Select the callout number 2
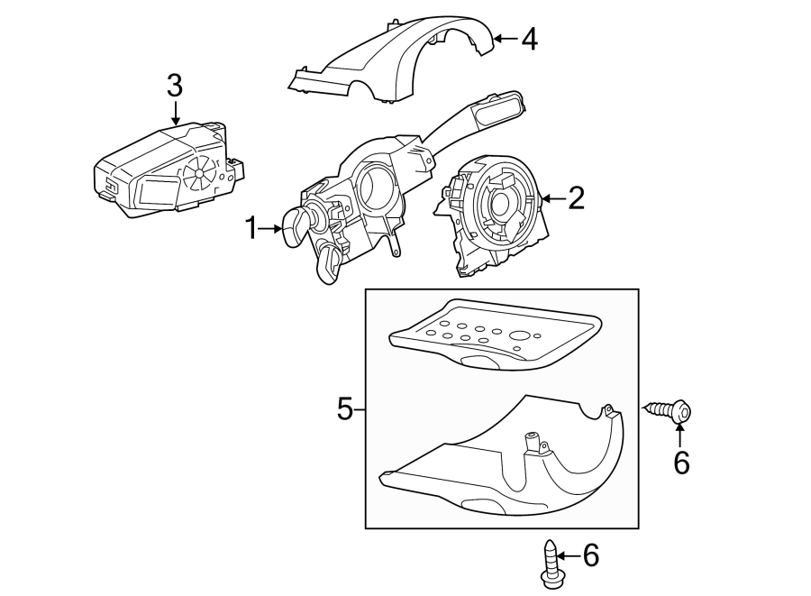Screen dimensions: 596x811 575,197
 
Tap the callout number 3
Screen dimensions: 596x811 175,87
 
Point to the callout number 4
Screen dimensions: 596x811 528,39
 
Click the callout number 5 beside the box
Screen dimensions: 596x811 345,410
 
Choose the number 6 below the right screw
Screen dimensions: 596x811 681,463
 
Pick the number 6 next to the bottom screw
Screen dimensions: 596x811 590,555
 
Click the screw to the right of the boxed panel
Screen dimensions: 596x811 671,412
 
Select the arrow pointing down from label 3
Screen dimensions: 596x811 175,114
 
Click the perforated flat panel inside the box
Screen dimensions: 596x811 491,336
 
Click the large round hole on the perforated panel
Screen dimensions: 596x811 519,339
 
